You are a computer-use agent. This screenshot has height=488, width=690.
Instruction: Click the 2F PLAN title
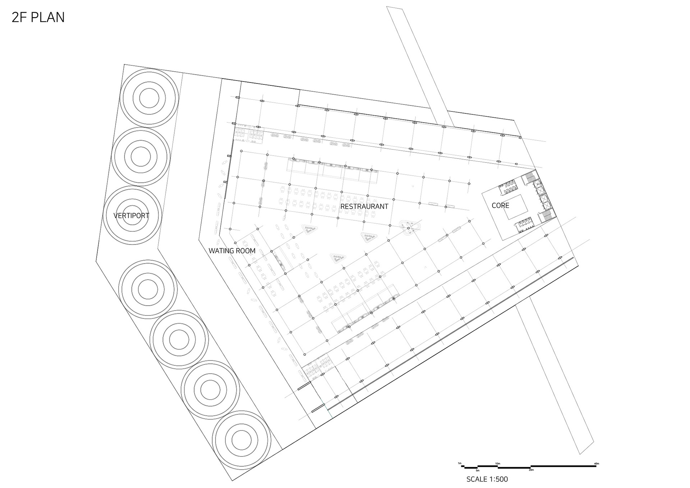pyautogui.click(x=38, y=17)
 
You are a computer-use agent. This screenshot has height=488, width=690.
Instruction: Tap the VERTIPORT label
pyautogui.click(x=131, y=216)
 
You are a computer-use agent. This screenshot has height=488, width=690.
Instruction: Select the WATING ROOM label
pyautogui.click(x=232, y=251)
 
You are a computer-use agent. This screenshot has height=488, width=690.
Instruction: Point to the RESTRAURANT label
pyautogui.click(x=364, y=207)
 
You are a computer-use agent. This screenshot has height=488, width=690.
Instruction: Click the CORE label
pyautogui.click(x=500, y=206)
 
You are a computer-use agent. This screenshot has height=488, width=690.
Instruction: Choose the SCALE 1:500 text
pyautogui.click(x=487, y=479)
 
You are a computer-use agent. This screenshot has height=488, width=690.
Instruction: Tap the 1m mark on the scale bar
pyautogui.click(x=459, y=463)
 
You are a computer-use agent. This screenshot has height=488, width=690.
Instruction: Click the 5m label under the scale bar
pyautogui.click(x=478, y=470)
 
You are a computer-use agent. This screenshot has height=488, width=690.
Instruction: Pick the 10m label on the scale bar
pyautogui.click(x=498, y=464)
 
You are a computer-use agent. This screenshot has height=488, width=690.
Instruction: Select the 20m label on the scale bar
pyautogui.click(x=531, y=470)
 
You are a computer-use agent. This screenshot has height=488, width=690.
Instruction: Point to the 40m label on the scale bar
pyautogui.click(x=597, y=464)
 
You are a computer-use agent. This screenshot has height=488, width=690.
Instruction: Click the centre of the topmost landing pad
pyautogui.click(x=149, y=98)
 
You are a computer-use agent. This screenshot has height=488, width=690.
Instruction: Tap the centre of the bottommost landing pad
pyautogui.click(x=241, y=440)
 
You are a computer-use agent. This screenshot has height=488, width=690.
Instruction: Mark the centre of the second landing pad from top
pyautogui.click(x=141, y=157)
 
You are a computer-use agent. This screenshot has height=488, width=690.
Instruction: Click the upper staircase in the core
pyautogui.click(x=528, y=178)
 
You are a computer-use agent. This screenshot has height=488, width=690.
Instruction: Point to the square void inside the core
pyautogui.click(x=515, y=207)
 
